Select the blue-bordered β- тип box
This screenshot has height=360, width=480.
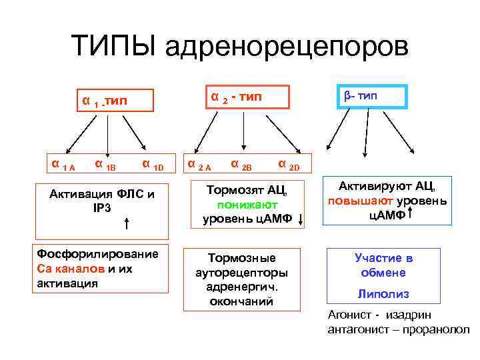[361, 96]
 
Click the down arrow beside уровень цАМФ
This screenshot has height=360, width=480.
[302, 219]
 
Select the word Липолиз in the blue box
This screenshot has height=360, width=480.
[383, 293]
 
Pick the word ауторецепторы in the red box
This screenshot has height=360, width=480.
[242, 273]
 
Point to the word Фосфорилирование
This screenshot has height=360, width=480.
[97, 254]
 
